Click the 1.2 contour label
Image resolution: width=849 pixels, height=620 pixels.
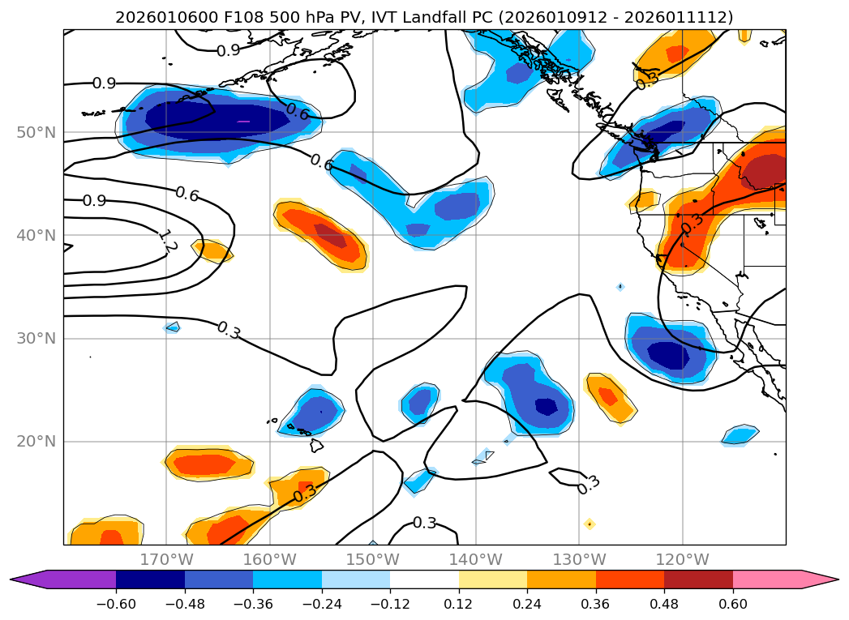167,241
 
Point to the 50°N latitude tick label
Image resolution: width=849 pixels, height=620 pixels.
37,132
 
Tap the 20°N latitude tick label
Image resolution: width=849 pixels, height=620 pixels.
37,442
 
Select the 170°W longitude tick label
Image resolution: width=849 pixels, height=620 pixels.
166,559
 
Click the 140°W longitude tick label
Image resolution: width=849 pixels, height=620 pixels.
476,559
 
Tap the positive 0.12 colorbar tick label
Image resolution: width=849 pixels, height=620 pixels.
459,606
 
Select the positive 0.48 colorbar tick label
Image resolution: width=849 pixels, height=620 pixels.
664,606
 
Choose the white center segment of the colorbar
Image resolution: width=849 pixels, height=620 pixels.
424,579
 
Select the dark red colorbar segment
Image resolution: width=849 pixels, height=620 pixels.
698,579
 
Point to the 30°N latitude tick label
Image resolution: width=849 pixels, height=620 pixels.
37,339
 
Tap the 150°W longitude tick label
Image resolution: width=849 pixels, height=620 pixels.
373,559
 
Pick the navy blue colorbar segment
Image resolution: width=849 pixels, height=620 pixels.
150,579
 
